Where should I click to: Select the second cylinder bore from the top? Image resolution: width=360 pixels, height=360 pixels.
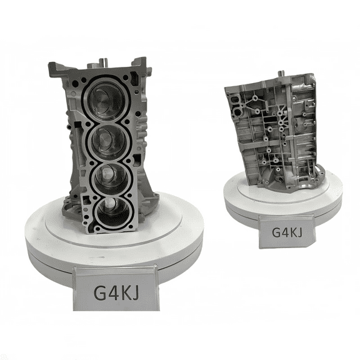pyautogui.click(x=109, y=140)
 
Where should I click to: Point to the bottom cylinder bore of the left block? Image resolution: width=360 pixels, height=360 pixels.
pyautogui.click(x=112, y=212)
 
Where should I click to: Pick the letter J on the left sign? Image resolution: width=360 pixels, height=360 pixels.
pyautogui.click(x=136, y=292)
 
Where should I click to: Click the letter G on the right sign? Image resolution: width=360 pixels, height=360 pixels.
pyautogui.click(x=277, y=232)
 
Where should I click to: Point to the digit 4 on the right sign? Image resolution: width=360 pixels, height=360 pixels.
pyautogui.click(x=286, y=232)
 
